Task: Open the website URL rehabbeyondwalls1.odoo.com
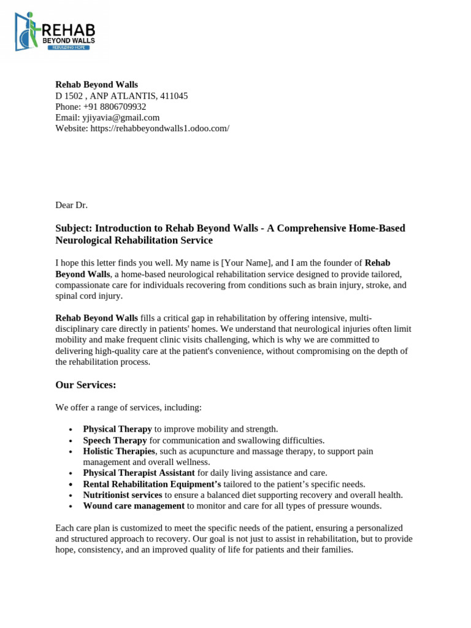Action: pos(159,128)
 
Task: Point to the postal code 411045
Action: pos(175,96)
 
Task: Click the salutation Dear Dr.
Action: pos(72,205)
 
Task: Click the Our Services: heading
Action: pos(86,385)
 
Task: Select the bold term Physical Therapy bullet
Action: pos(117,429)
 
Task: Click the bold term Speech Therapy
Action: pos(115,440)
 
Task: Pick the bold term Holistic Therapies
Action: pos(119,451)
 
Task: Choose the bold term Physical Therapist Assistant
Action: pos(139,473)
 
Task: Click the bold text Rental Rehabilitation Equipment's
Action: pos(151,484)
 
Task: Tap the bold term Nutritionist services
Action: pos(123,495)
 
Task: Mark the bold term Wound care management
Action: pos(134,506)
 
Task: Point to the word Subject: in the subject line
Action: pos(74,228)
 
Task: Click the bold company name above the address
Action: pos(97,85)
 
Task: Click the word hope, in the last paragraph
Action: pos(66,549)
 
